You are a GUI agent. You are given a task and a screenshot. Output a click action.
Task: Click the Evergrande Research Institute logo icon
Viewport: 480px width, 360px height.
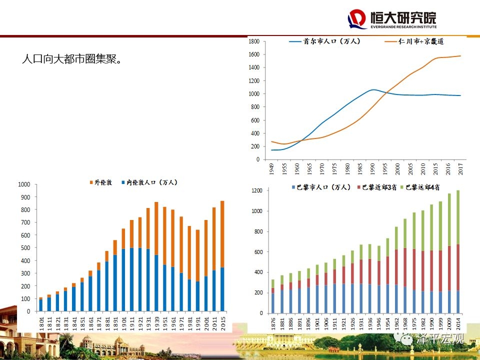coord(357,19)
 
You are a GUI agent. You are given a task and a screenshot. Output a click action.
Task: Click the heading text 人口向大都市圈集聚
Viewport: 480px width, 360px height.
coord(72,59)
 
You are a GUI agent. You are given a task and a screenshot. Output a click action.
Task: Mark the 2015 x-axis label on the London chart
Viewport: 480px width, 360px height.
coord(222,321)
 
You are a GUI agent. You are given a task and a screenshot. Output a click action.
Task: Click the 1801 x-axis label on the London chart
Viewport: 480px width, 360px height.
coord(41,321)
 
